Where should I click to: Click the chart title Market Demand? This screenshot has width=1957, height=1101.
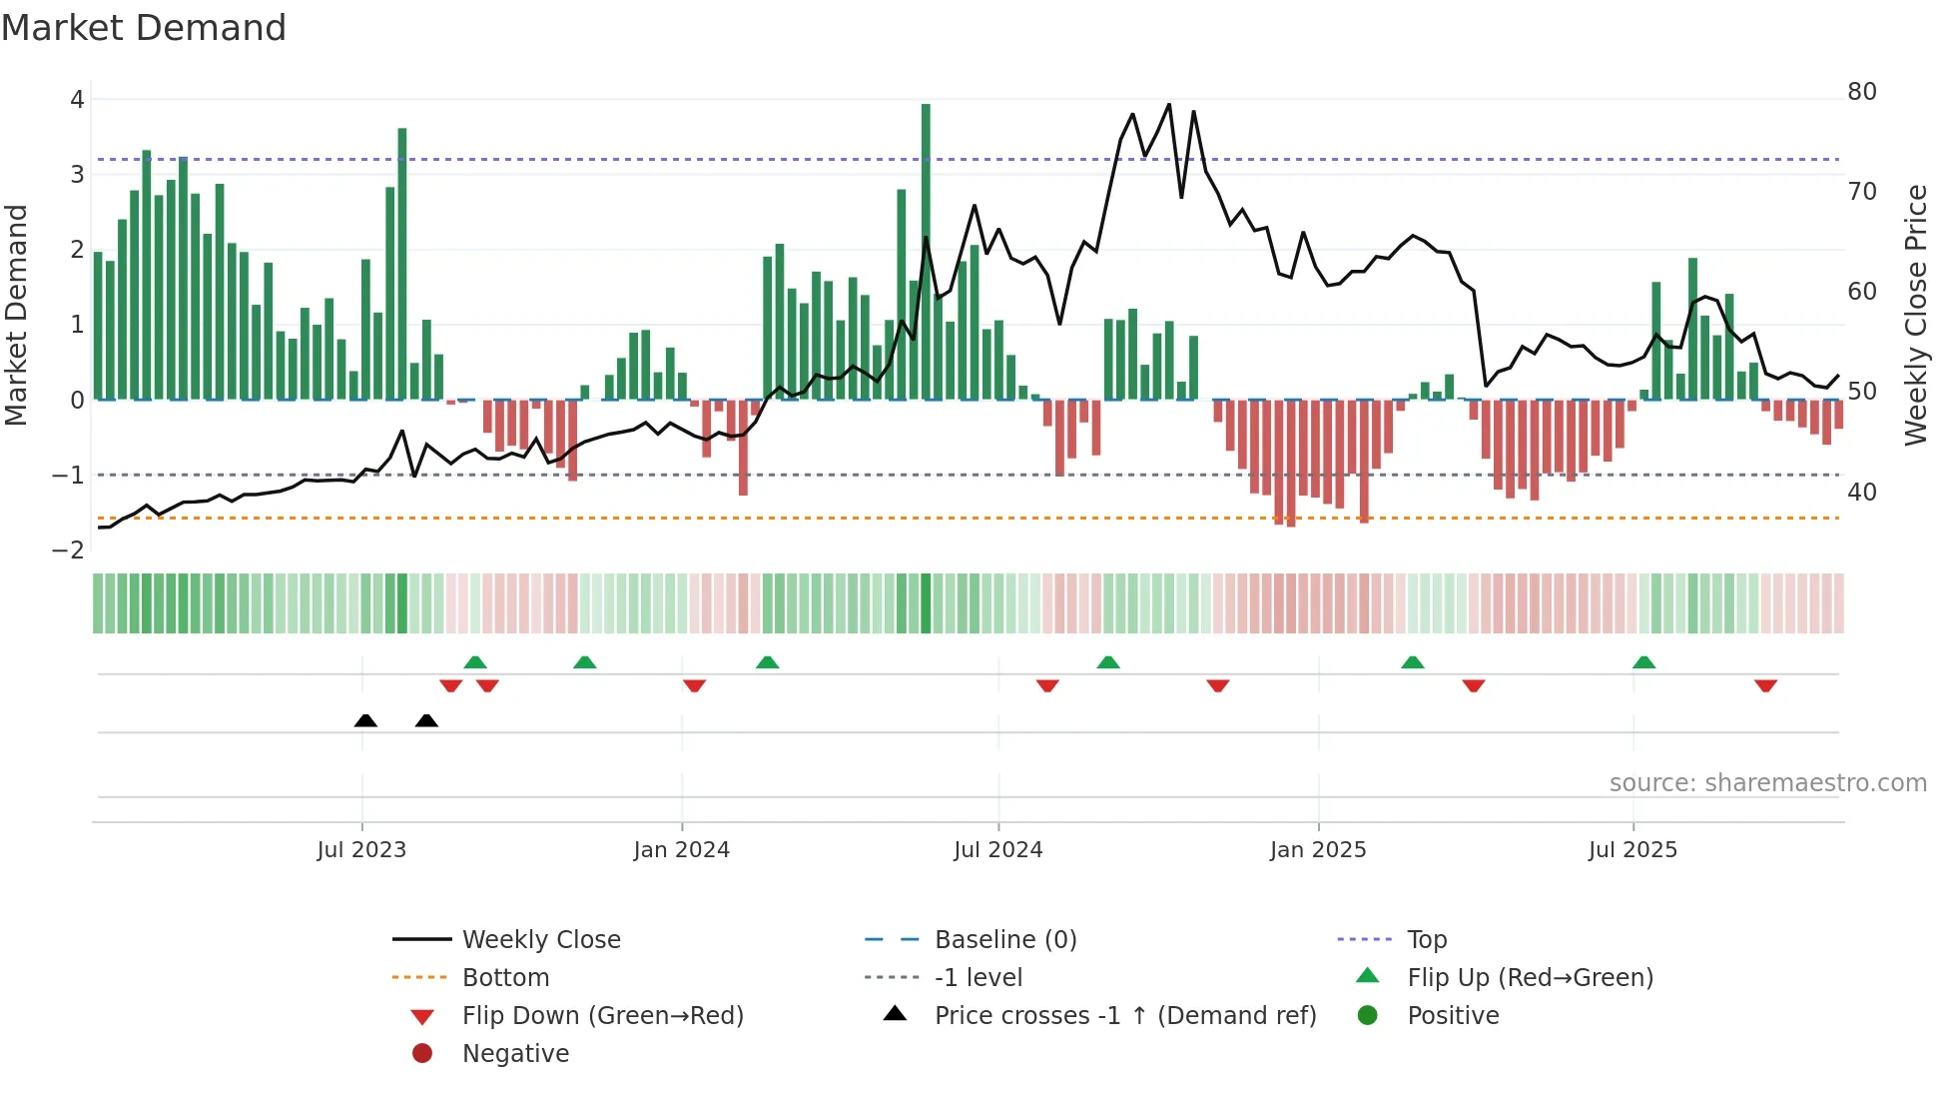click(x=144, y=28)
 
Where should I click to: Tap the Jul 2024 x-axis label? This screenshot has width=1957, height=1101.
click(x=997, y=850)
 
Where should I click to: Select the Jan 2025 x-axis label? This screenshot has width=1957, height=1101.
click(x=1317, y=850)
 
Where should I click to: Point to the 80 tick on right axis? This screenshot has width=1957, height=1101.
click(x=1861, y=92)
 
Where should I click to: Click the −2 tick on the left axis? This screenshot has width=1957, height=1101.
click(x=68, y=550)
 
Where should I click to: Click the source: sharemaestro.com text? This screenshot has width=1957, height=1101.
click(x=1767, y=783)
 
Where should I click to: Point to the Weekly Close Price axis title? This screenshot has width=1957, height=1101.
click(x=1915, y=315)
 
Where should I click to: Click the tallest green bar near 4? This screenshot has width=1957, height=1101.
click(x=926, y=250)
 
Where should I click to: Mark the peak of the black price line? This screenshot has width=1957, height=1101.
click(x=1169, y=105)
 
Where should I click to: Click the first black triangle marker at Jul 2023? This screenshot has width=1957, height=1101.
click(x=365, y=721)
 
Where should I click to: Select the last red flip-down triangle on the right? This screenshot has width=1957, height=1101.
click(x=1765, y=685)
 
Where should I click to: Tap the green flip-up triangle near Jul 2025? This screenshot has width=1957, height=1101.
click(x=1643, y=662)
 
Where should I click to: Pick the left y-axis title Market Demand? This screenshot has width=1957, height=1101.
click(x=16, y=315)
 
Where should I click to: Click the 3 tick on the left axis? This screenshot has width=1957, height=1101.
click(x=77, y=175)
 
